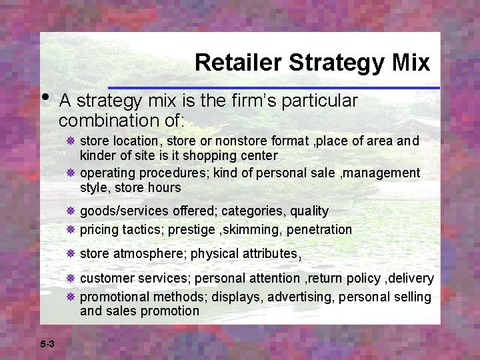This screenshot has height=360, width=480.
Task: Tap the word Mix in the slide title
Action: [412, 63]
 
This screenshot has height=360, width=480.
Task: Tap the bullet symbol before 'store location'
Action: [70, 141]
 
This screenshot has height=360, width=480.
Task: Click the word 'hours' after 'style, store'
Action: [166, 188]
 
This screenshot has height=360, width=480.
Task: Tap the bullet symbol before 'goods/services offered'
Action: [70, 211]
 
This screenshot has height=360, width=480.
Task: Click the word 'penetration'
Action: [318, 230]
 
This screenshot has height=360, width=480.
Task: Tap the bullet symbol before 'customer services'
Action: [70, 279]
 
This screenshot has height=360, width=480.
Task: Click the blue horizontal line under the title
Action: [273, 88]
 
